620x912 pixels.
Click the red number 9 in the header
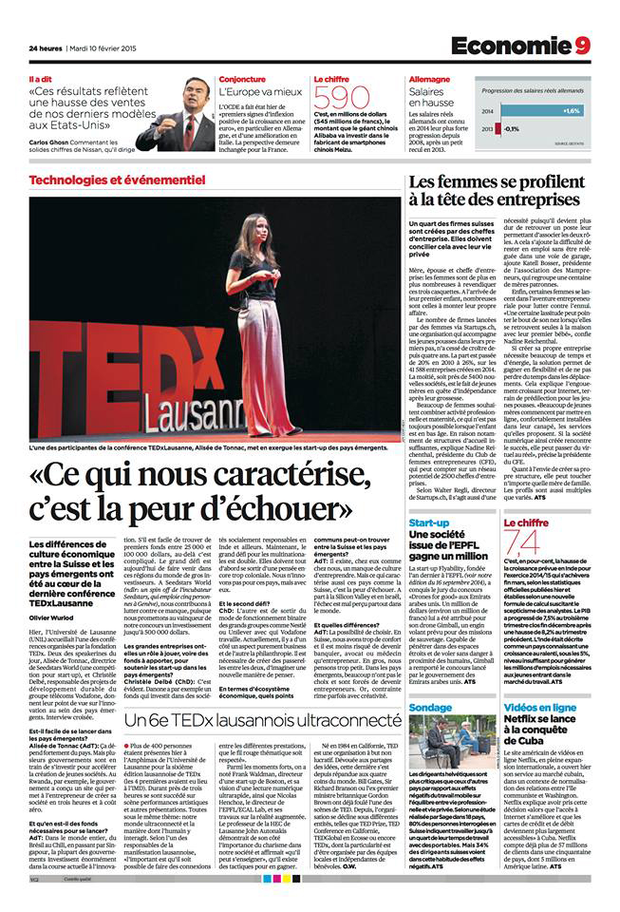coord(581,46)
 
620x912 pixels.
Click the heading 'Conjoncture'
coord(242,80)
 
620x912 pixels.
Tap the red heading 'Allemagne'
coord(429,80)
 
